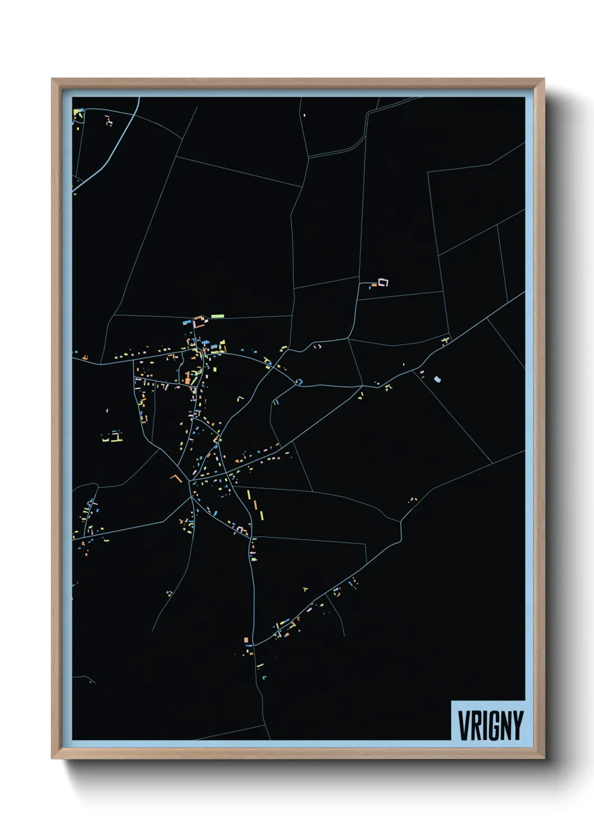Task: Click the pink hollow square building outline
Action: [x=383, y=282]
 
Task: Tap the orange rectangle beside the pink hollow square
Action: [x=374, y=286]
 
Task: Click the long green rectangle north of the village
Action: [x=217, y=316]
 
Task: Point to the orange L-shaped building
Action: [x=177, y=478]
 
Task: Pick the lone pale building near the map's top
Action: [x=304, y=115]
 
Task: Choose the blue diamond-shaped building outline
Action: [x=299, y=382]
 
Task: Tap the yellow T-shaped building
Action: [x=305, y=590]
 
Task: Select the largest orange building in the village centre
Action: [x=185, y=377]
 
